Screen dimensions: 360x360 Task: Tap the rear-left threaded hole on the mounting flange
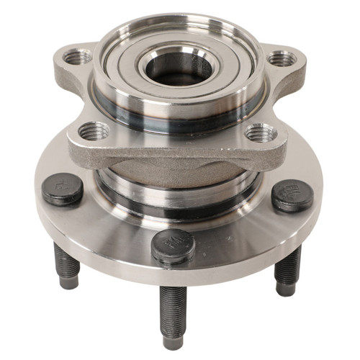point(77,56)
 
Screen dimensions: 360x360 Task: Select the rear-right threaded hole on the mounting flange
point(281,58)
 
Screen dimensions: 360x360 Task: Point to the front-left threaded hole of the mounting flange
point(94,131)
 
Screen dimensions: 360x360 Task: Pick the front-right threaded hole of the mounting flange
point(260,132)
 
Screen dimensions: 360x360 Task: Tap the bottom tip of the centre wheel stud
point(172,341)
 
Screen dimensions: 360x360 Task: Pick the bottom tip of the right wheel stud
point(285,289)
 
